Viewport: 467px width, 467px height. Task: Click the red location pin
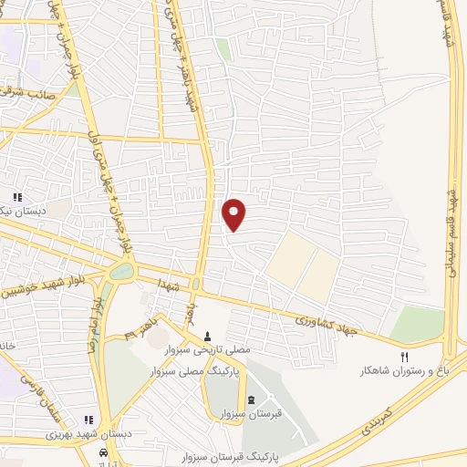[234, 213]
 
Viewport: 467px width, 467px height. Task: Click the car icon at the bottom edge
[106, 453]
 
